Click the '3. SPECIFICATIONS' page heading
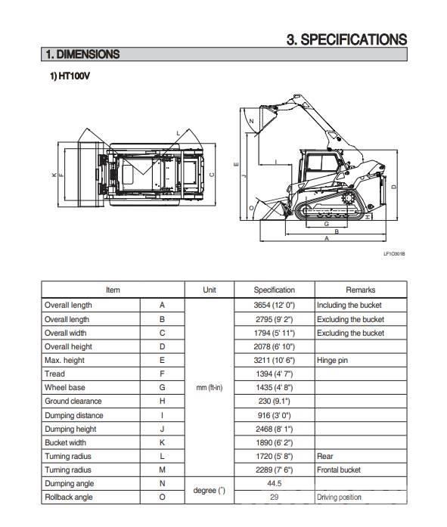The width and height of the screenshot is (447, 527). coord(346,39)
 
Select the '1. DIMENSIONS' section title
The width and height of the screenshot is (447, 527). coord(82,54)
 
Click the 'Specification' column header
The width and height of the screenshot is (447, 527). coord(274,290)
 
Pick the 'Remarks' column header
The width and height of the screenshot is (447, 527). coord(360,290)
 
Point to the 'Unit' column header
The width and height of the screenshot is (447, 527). coord(210,290)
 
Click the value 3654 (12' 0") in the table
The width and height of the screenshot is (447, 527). coord(274,305)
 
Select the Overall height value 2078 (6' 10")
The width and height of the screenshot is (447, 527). coord(274,346)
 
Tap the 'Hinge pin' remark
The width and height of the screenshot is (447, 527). coord(333,360)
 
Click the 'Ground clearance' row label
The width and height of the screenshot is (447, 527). coord(73,401)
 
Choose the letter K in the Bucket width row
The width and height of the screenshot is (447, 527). coord(162,442)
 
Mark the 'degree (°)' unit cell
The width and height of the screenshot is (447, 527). coord(210,491)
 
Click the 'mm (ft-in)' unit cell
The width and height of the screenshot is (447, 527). coord(210,387)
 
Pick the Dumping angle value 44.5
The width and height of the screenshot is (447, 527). coord(274,484)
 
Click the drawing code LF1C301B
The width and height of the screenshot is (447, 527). coord(394,253)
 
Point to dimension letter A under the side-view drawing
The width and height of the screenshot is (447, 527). coord(326,239)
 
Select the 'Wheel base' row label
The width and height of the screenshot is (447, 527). coord(65,387)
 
